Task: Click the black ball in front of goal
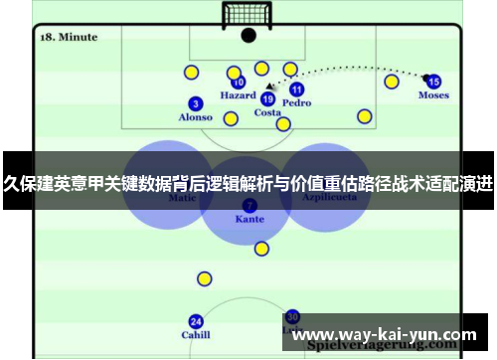(248, 36)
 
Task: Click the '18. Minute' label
(68, 37)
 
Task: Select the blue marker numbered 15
(433, 82)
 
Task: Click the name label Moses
(433, 95)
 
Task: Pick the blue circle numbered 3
(196, 103)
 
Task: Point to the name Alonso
(195, 117)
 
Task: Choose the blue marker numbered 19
(267, 98)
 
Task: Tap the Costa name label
(267, 112)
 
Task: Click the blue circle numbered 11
(296, 90)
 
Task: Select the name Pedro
(296, 102)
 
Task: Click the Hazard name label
(238, 96)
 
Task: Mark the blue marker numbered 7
(248, 205)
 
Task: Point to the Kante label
(248, 219)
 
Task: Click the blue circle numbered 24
(196, 321)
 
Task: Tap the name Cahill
(196, 335)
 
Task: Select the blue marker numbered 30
(292, 316)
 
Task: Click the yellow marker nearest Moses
(392, 82)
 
